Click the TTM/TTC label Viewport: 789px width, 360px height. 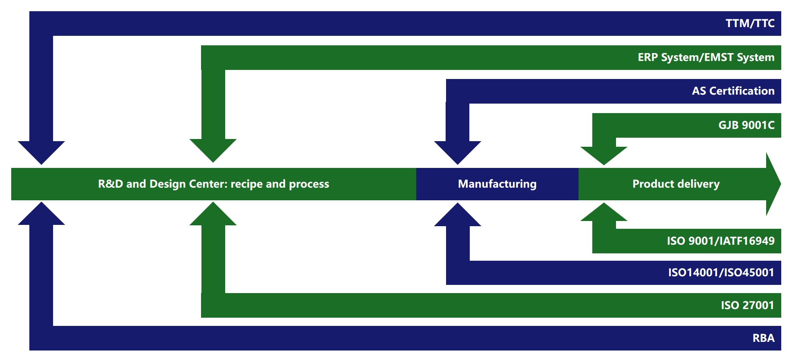[x=750, y=23]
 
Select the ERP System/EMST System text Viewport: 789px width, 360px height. [x=706, y=57]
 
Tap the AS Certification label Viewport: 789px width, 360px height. [x=733, y=91]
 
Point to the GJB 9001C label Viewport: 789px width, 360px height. [x=746, y=125]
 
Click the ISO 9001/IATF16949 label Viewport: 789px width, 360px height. [x=720, y=241]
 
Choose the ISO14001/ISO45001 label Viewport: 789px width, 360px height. [x=721, y=272]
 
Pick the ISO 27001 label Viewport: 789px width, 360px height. [x=747, y=305]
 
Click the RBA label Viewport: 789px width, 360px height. [x=763, y=338]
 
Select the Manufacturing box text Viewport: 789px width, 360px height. [x=497, y=184]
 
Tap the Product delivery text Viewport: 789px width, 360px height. [x=676, y=184]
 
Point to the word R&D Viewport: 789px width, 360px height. [x=110, y=184]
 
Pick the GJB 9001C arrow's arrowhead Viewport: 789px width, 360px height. [x=604, y=155]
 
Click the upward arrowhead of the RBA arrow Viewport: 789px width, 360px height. [x=41, y=215]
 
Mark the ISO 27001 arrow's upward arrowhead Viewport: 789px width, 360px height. [x=213, y=215]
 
